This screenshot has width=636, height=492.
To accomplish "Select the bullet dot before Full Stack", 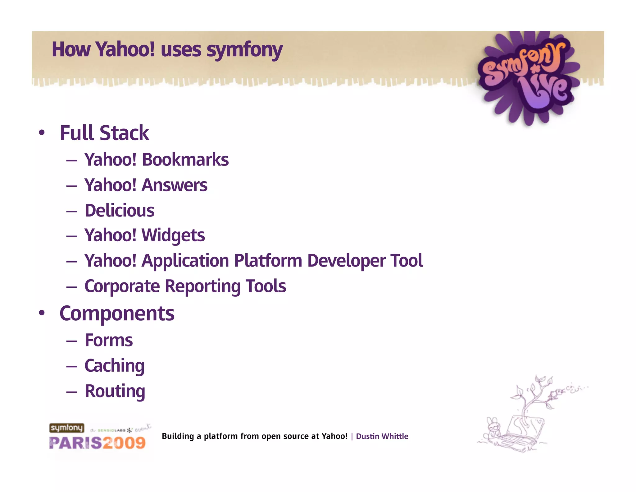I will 42,133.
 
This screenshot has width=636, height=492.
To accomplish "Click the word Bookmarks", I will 185,160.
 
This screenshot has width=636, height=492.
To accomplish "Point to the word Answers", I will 174,185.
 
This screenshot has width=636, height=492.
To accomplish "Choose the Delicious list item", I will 119,211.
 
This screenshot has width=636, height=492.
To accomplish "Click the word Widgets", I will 173,235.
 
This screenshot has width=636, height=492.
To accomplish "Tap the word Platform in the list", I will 268,261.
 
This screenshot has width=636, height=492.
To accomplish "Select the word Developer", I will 346,261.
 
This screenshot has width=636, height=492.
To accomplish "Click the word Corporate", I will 122,286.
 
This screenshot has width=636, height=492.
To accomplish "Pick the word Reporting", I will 202,286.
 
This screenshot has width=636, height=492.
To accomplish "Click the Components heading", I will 117,313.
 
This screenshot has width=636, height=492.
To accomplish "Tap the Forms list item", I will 109,340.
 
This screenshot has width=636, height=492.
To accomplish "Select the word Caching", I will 114,366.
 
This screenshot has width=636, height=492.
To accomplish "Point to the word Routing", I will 115,391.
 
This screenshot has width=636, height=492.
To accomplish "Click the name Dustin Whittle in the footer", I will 382,436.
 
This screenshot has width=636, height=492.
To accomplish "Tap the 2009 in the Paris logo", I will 124,443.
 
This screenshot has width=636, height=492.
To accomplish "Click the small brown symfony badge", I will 66,428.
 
